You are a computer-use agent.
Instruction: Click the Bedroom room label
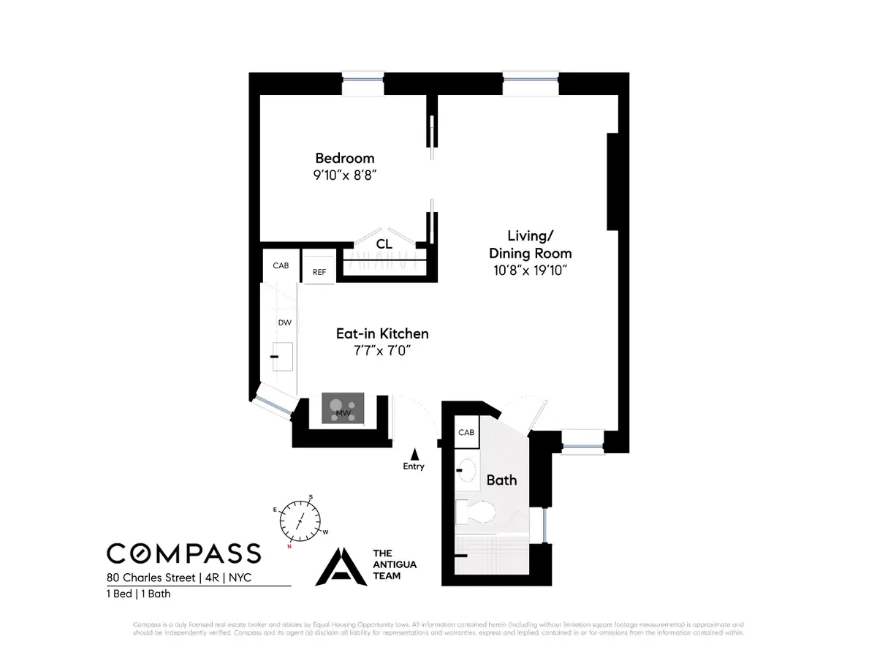coord(344,158)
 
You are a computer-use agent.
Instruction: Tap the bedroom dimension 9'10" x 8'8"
coord(344,175)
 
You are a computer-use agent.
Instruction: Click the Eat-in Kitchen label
coord(381,333)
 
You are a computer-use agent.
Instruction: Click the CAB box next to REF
coord(281,266)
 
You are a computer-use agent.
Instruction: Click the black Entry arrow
coord(414,454)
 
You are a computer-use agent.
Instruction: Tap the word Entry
coord(413,466)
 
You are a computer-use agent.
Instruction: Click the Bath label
coord(501,480)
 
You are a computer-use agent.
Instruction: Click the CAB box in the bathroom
coord(466,433)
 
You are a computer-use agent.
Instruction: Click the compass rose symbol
coord(300,521)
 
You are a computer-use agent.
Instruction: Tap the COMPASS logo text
coord(184,553)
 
